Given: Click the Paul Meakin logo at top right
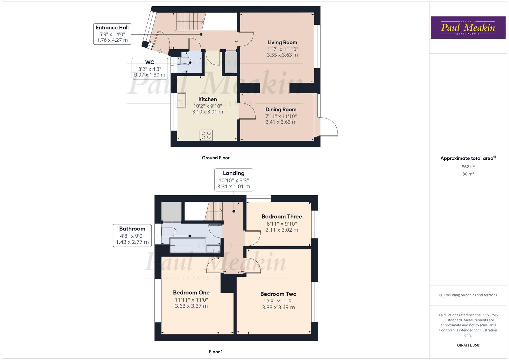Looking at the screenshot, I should [x=468, y=28].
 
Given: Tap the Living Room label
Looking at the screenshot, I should [x=282, y=42].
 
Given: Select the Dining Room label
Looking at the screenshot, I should [x=281, y=109].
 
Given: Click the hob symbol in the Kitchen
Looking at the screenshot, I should [x=206, y=135].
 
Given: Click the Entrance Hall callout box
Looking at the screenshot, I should [x=112, y=34].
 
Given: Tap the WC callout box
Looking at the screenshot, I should [x=150, y=68].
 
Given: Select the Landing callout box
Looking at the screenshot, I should [x=233, y=180].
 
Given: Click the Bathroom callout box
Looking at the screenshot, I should [x=132, y=235].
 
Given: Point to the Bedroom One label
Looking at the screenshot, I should [x=191, y=292].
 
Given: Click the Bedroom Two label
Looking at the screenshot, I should [x=278, y=294].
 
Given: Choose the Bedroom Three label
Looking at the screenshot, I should [x=282, y=216].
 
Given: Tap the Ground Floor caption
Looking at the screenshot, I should [x=215, y=158].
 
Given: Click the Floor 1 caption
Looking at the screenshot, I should [x=215, y=352].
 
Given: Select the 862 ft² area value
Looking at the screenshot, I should [x=468, y=167].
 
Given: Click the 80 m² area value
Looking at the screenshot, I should [x=468, y=174].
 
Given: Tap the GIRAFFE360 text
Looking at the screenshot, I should [x=468, y=345].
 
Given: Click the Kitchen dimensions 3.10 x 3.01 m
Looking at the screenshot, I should [x=207, y=112].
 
